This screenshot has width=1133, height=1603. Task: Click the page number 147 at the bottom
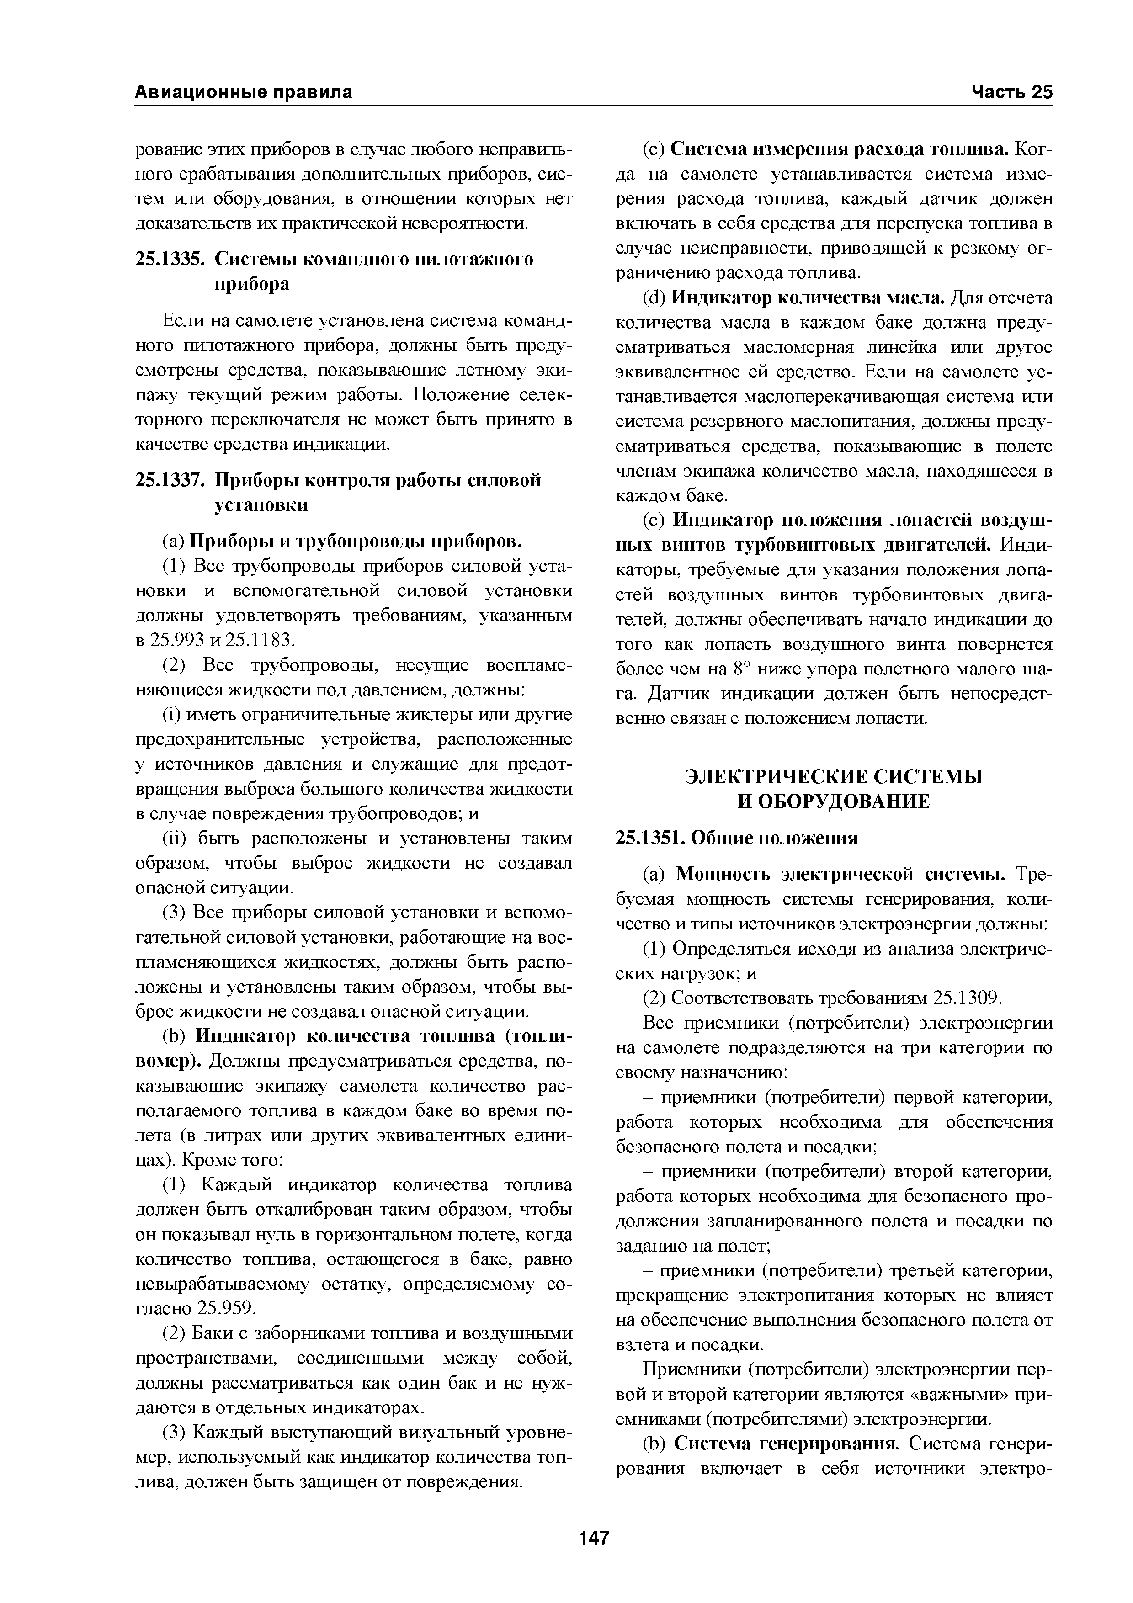[x=594, y=1537]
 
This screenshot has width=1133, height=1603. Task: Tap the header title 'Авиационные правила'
[x=243, y=92]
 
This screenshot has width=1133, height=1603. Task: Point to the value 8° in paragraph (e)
[x=741, y=669]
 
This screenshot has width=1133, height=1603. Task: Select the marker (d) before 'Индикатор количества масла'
[x=654, y=298]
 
